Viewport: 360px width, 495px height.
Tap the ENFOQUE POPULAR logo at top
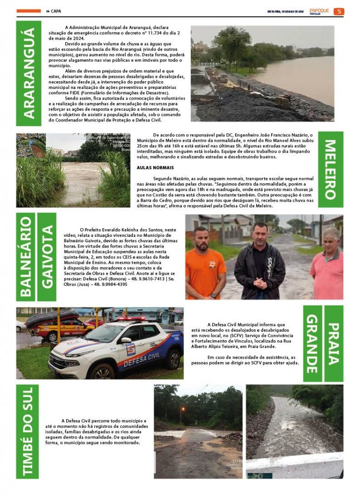pyautogui.click(x=319, y=11)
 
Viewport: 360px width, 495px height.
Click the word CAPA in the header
pyautogui.click(x=56, y=11)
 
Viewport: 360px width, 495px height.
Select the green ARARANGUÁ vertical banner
pyautogui.click(x=29, y=73)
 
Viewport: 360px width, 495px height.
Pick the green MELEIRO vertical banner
pyautogui.click(x=331, y=169)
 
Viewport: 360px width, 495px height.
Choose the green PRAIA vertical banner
pyautogui.click(x=334, y=343)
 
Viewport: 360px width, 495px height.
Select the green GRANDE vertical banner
pyautogui.click(x=313, y=343)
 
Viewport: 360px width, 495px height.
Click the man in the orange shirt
pyautogui.click(x=205, y=266)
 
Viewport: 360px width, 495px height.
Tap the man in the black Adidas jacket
pyautogui.click(x=260, y=263)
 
